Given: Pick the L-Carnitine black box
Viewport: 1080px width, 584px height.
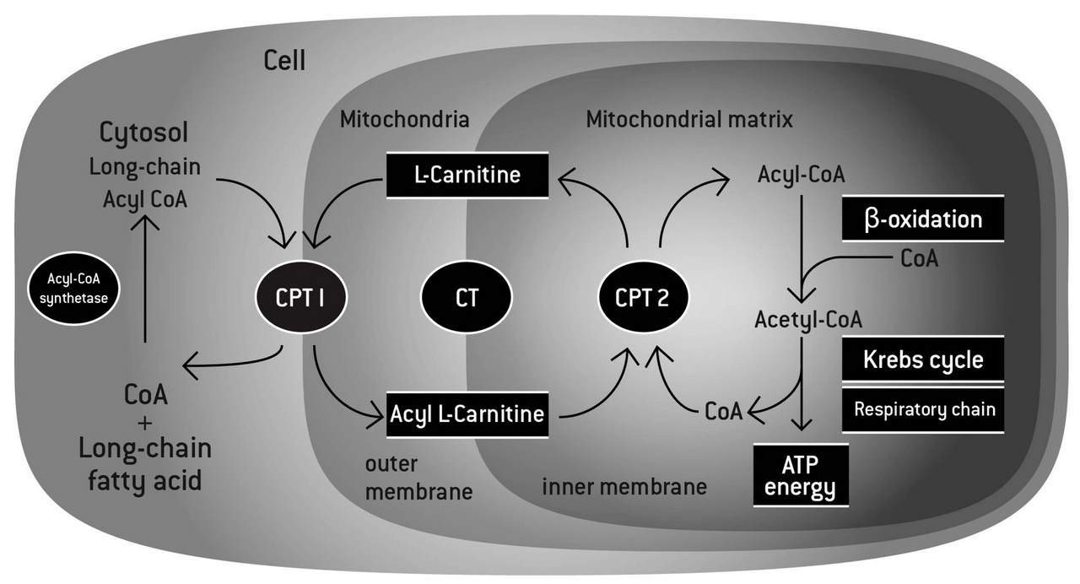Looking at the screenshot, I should click(467, 176).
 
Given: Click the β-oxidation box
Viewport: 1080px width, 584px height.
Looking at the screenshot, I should click(923, 219).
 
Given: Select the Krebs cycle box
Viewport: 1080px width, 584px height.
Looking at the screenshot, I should click(923, 360).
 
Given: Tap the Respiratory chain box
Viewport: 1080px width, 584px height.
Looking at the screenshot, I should click(923, 410).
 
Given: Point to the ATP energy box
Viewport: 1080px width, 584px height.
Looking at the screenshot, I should click(799, 475).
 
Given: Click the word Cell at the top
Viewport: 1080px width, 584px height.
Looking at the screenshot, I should click(284, 61).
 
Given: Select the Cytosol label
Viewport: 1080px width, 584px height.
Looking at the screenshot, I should click(144, 133).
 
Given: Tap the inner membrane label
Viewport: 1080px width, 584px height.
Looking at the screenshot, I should click(624, 487).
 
